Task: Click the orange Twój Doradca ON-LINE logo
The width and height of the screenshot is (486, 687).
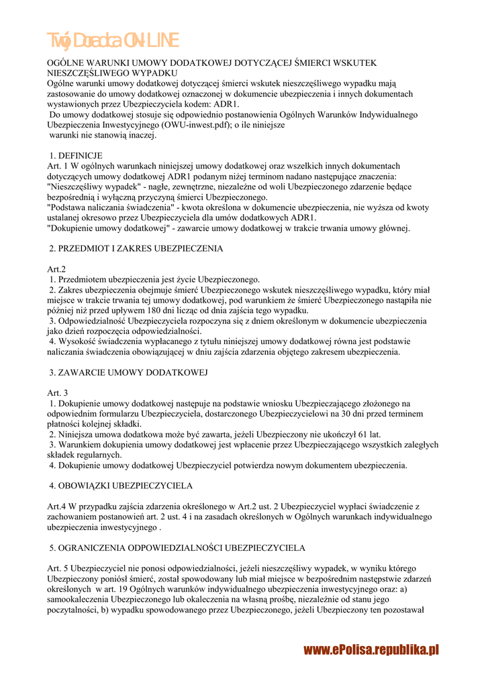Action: tap(112, 41)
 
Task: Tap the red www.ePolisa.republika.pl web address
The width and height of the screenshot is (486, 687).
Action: tap(371, 649)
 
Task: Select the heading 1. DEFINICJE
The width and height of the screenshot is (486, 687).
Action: tap(76, 156)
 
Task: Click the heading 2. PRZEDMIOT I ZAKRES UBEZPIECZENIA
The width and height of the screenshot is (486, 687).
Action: tap(136, 249)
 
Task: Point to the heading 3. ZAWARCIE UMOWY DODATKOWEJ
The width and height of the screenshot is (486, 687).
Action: tap(129, 372)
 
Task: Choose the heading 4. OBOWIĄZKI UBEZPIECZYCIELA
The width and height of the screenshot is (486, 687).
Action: tap(121, 485)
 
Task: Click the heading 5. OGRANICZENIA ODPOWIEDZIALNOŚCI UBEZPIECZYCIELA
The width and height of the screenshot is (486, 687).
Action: tap(178, 547)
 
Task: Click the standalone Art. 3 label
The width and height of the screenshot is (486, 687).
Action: tap(58, 392)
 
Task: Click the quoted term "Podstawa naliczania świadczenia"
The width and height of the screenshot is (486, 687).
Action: tap(109, 207)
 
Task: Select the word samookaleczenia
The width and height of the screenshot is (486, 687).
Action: tap(78, 600)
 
